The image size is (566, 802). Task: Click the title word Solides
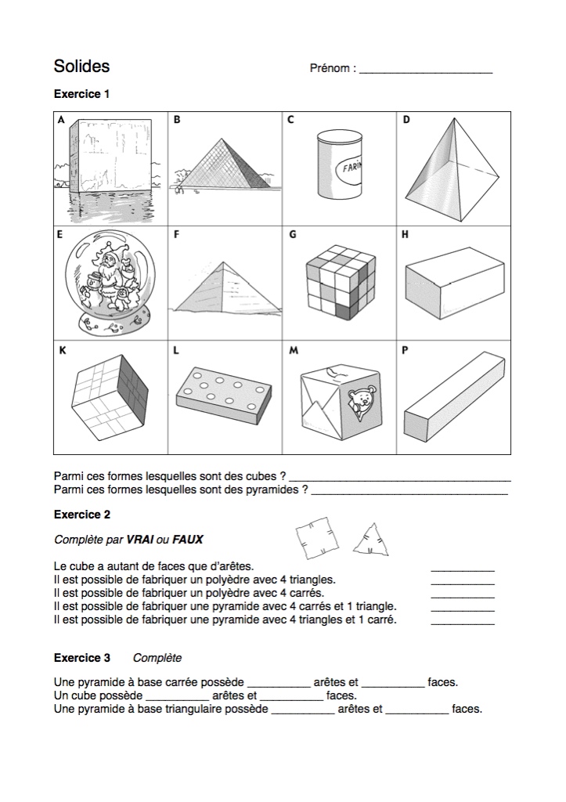point(81,66)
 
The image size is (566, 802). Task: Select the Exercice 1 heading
point(81,94)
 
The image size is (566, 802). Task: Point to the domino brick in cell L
point(224,392)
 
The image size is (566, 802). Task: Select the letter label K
point(62,351)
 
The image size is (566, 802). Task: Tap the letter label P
point(405,351)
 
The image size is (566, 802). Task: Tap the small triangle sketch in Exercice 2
point(371,540)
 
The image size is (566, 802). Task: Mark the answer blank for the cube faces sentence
point(463,569)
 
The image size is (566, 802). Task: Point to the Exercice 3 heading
point(81,657)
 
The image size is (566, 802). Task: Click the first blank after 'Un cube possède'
point(177,696)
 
